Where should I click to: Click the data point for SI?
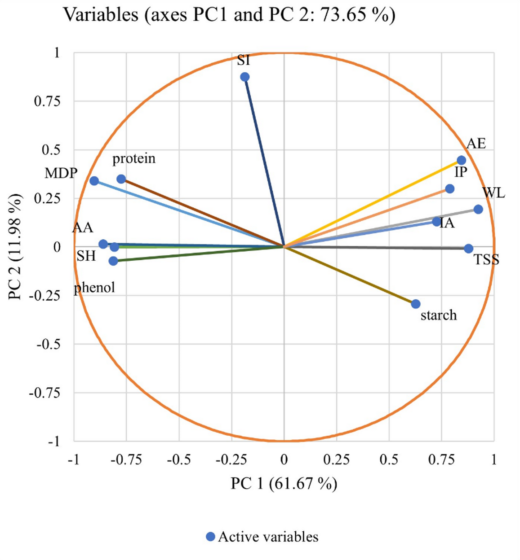point(244,77)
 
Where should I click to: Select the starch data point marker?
point(416,304)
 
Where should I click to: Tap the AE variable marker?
point(461,160)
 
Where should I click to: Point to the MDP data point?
point(94,181)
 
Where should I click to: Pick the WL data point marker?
point(478,209)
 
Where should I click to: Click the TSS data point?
point(468,249)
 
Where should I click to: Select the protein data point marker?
point(121,179)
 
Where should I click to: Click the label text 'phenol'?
point(94,287)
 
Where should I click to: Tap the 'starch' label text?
point(438,315)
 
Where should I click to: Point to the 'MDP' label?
point(61,173)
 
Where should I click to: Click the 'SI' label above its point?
point(243,60)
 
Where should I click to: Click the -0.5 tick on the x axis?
point(179,459)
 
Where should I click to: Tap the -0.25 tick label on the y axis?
point(44,295)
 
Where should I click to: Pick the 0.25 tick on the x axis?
point(336,459)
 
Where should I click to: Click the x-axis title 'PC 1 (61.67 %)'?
point(284,484)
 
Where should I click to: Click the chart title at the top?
point(229,15)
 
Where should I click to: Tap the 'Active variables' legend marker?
point(210,537)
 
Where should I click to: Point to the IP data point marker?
point(449,189)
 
